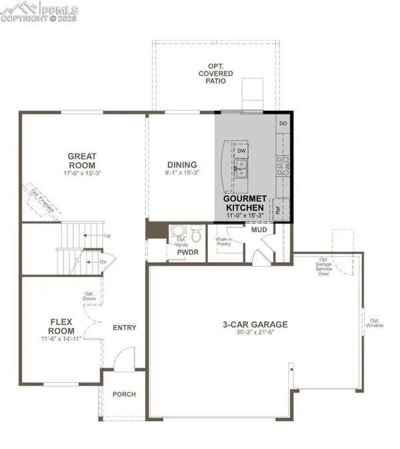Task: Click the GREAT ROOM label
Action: [x=81, y=161]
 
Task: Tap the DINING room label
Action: [x=182, y=165]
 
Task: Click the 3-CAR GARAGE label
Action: [x=255, y=325]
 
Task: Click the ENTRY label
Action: [x=125, y=328]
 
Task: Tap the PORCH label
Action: [x=123, y=394]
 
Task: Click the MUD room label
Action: [x=259, y=230]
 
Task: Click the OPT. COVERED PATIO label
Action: [x=214, y=75]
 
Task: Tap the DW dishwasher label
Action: [x=242, y=150]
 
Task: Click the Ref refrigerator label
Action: [x=277, y=209]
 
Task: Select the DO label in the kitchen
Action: [x=283, y=124]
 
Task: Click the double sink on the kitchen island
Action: [x=241, y=167]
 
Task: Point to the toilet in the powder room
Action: [x=196, y=234]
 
